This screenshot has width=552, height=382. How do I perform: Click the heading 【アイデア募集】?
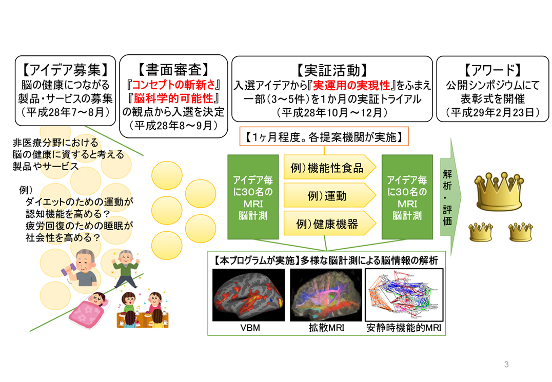tap(65, 70)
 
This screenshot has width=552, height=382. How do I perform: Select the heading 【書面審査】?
tap(173, 69)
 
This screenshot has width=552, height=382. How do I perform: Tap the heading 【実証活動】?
tap(332, 70)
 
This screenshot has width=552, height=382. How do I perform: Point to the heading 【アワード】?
tap(492, 70)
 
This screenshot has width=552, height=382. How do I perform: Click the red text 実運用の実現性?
tap(351, 85)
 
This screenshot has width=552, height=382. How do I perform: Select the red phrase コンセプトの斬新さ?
tap(173, 85)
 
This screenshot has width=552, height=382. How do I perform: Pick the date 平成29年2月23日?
tap(492, 113)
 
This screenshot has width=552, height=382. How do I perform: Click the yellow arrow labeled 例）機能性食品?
tap(330, 168)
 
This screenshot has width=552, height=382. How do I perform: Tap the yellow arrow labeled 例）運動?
tap(330, 195)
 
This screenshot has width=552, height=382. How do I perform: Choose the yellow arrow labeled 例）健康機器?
tap(330, 224)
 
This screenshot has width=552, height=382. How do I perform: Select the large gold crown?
tap(499, 192)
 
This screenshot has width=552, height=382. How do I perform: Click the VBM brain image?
tap(248, 295)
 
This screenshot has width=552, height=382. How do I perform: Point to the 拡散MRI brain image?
tap(326, 295)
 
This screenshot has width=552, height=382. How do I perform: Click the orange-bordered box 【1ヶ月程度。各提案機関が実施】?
tap(324, 137)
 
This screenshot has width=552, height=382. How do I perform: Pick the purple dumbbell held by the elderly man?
tap(68, 270)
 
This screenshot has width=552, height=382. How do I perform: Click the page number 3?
tap(506, 365)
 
